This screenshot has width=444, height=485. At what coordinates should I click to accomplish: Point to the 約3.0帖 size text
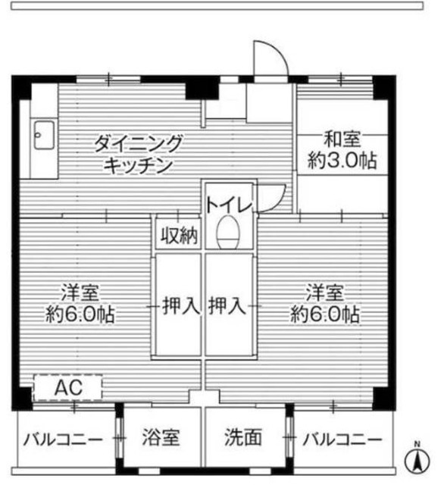click(x=342, y=161)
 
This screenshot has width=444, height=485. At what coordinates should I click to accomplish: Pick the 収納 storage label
click(x=179, y=236)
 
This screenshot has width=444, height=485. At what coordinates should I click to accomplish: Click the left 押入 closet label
click(x=179, y=307)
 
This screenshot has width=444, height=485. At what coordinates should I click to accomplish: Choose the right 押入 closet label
click(x=229, y=307)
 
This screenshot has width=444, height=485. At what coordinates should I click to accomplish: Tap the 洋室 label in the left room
click(x=79, y=293)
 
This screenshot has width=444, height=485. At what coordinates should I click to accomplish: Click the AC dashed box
click(x=67, y=389)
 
